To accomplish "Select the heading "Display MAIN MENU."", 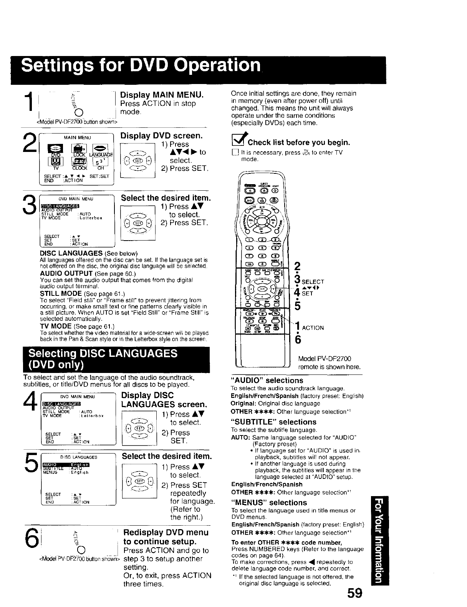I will point(162,94).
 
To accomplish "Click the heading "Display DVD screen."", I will point(161,136).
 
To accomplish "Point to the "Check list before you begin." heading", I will point(299,143).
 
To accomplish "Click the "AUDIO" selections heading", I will point(267,380).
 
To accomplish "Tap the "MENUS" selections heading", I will point(269,502).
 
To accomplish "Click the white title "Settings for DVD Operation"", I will point(141,65).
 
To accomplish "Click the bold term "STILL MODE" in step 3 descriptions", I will point(58,294).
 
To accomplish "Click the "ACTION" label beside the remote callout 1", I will point(313,328).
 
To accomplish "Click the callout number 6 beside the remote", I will point(297,340).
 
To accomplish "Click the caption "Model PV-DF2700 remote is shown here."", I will point(330,363).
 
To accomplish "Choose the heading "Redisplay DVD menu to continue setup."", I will point(166,537).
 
